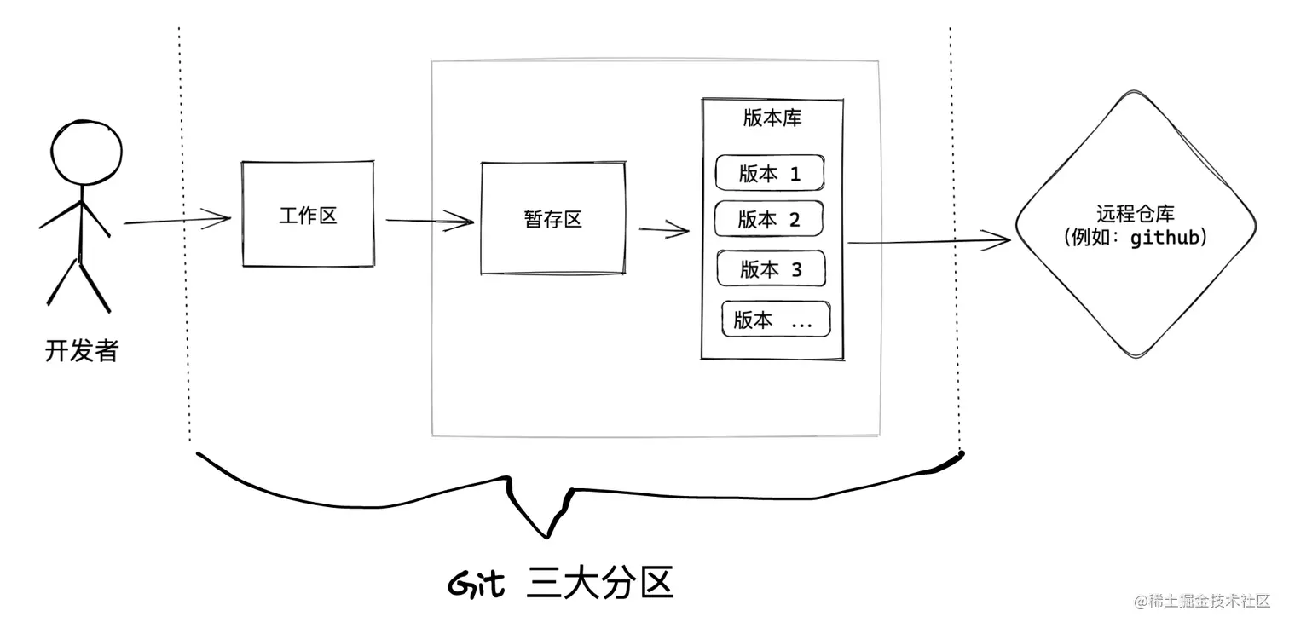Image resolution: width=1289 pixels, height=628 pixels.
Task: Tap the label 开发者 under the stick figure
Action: tap(81, 350)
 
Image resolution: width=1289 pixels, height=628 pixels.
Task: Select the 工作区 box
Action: tap(308, 214)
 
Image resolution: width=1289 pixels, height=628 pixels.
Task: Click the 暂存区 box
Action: tap(552, 219)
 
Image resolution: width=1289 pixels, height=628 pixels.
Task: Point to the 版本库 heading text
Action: tap(772, 118)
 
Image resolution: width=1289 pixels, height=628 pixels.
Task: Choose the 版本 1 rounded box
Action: tap(770, 173)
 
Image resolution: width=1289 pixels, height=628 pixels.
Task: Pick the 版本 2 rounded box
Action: tap(768, 219)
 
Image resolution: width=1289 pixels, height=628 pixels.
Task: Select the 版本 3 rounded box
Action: tap(772, 269)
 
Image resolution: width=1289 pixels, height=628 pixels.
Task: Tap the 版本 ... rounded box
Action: tap(776, 320)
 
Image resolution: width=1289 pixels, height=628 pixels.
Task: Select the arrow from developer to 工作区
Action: tap(178, 221)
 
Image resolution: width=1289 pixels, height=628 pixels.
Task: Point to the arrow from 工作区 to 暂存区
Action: tap(429, 222)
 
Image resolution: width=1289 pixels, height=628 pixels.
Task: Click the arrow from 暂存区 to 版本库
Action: tap(663, 228)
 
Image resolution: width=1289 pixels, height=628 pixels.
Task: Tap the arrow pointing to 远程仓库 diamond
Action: tap(928, 241)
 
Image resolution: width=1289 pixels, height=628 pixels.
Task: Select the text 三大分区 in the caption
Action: tap(600, 584)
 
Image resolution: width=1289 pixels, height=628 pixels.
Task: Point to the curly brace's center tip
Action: tap(546, 536)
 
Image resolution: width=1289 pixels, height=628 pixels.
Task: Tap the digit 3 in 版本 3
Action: tap(796, 270)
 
